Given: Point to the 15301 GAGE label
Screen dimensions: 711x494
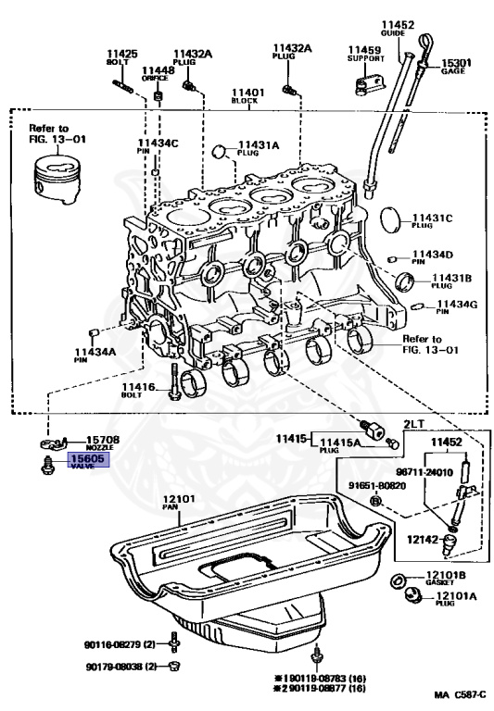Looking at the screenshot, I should [454, 66].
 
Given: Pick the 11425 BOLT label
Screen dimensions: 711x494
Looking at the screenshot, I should [121, 58].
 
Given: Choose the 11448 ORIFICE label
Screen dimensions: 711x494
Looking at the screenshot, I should [157, 73].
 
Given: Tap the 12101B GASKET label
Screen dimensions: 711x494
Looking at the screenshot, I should [444, 580].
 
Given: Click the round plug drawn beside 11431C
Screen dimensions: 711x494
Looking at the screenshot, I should [392, 219].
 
